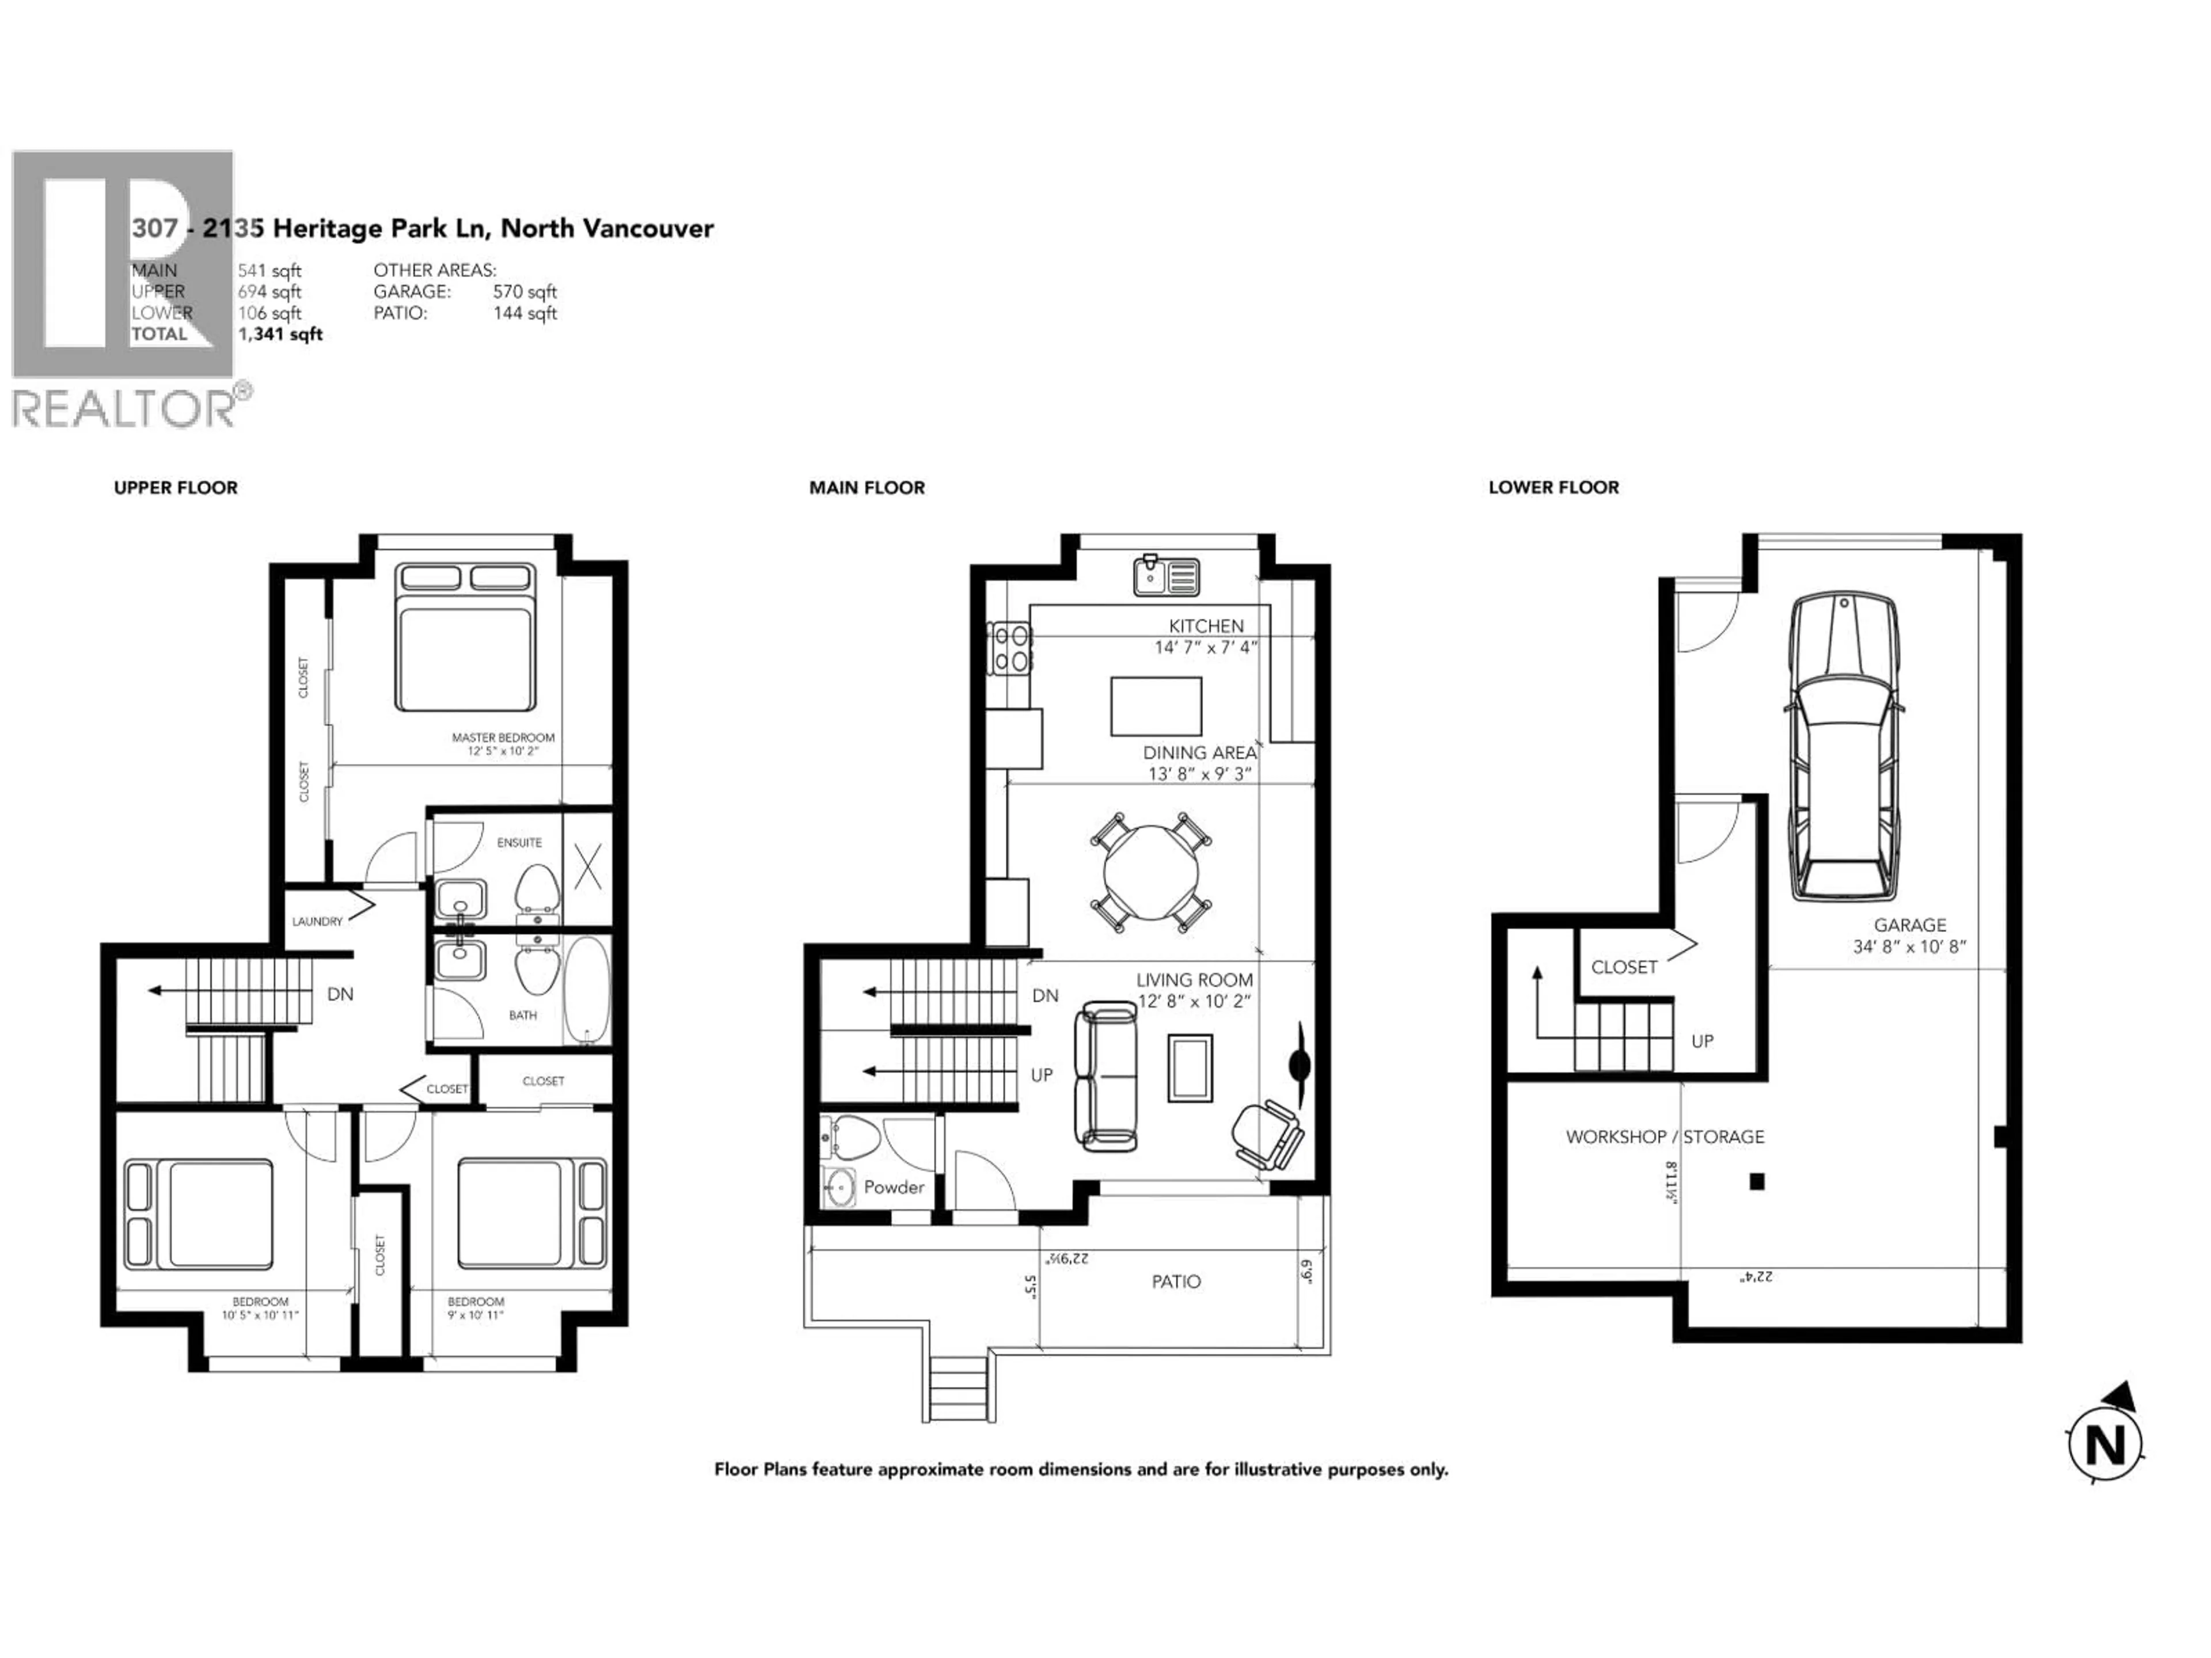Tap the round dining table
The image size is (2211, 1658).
[x=1150, y=872]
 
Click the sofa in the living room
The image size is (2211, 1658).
[x=1105, y=1077]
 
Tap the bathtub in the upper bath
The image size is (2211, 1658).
[x=587, y=990]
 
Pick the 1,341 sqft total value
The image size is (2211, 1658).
[x=280, y=334]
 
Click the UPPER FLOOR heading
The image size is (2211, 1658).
[x=176, y=488]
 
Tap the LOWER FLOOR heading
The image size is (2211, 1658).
[x=1553, y=488]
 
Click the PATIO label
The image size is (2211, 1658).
[x=1176, y=1281]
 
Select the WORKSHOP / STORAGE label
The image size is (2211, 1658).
[x=1664, y=1136]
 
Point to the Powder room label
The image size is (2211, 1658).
[x=894, y=1187]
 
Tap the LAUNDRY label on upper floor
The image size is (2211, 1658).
[x=317, y=922]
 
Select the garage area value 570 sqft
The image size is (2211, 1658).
[x=525, y=292]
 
